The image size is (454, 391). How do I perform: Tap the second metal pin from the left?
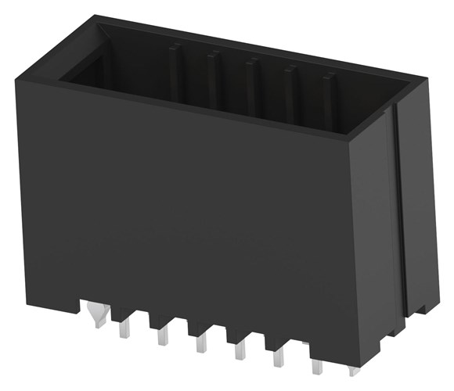(124, 329)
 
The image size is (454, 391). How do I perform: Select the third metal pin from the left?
(162, 336)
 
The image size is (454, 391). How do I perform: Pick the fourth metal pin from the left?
(200, 343)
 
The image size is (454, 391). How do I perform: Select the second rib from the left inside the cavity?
(212, 78)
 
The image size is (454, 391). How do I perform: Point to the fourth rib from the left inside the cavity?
(289, 90)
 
